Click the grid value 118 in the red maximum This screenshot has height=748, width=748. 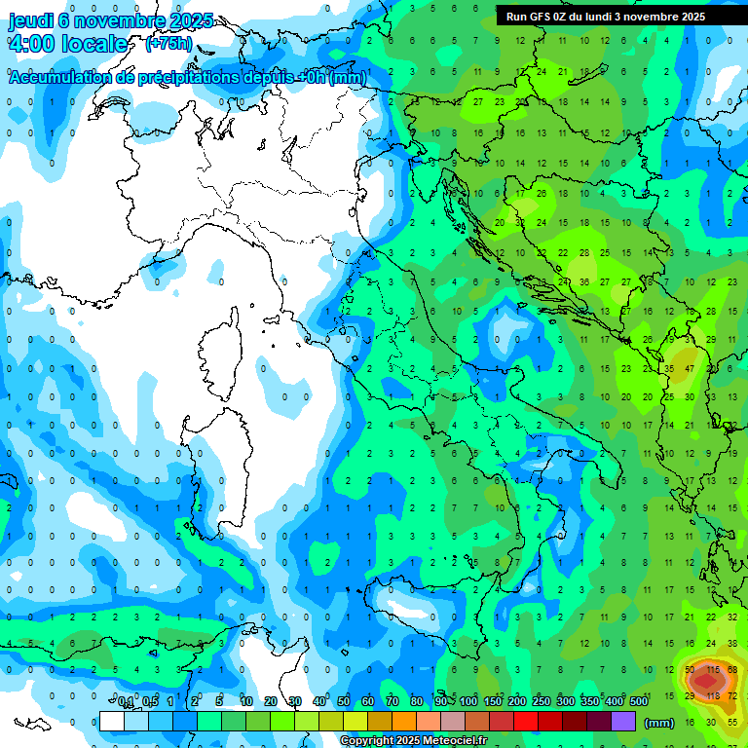click(712, 695)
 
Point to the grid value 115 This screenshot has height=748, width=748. click(712, 670)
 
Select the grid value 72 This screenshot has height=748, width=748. click(732, 695)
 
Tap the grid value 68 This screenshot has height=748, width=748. click(732, 670)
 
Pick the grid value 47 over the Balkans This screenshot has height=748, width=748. click(690, 370)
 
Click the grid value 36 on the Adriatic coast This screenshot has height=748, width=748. click(584, 282)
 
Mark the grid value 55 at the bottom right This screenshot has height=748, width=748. click(732, 722)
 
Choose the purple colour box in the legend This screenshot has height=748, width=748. click(623, 722)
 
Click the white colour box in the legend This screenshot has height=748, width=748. click(112, 722)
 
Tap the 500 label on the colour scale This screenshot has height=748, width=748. click(639, 701)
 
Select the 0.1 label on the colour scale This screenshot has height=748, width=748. click(127, 701)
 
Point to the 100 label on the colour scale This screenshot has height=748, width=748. click(468, 701)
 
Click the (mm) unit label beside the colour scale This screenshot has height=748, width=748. click(659, 723)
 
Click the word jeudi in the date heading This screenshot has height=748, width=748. click(29, 20)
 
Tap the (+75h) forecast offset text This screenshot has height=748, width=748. click(168, 44)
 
